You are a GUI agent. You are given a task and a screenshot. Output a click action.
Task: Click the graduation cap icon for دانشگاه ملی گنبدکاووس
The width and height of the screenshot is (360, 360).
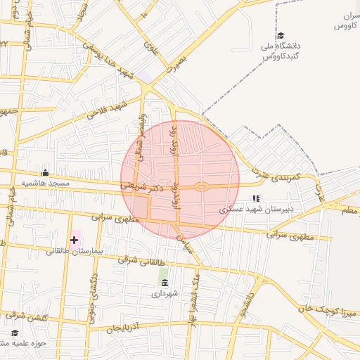[x=280, y=35]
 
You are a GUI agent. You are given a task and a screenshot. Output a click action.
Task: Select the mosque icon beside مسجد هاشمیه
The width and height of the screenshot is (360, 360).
[x=46, y=172]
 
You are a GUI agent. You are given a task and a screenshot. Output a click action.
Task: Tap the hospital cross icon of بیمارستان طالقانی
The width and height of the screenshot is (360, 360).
[x=74, y=240]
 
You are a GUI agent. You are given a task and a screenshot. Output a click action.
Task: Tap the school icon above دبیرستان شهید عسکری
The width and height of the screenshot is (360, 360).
[x=257, y=199]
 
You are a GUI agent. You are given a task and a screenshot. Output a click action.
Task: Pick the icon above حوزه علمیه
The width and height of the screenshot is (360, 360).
[x=15, y=333]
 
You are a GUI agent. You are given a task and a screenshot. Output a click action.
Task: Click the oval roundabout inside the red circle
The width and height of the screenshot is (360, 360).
[x=202, y=186]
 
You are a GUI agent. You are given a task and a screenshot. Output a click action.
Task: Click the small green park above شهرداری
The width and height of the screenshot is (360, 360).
[x=164, y=273]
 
